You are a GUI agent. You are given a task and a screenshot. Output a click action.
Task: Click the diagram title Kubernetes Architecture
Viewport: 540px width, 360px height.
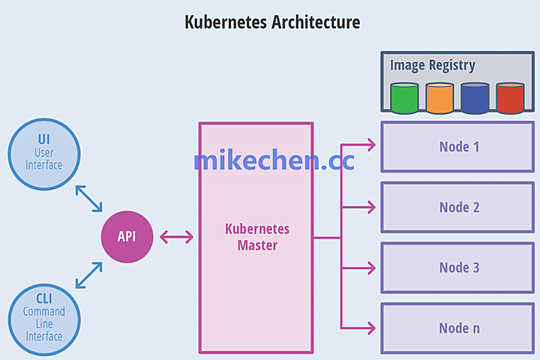pyautogui.click(x=272, y=22)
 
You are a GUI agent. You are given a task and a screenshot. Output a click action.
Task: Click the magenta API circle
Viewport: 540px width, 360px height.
pyautogui.click(x=127, y=236)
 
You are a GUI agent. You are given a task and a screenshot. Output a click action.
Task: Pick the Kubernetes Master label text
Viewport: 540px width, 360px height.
pyautogui.click(x=257, y=237)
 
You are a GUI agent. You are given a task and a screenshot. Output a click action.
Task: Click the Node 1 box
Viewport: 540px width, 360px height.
pyautogui.click(x=459, y=146)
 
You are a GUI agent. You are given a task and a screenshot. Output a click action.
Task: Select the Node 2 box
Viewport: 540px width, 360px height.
pyautogui.click(x=459, y=207)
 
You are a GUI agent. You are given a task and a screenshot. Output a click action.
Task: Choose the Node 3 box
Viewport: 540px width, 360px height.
pyautogui.click(x=459, y=267)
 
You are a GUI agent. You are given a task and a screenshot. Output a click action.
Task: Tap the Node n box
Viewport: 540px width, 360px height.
pyautogui.click(x=459, y=328)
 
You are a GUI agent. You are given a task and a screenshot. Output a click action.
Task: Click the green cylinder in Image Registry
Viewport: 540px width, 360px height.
pyautogui.click(x=404, y=98)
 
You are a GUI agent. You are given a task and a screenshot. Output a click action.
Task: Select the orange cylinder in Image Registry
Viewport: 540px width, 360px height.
pyautogui.click(x=439, y=98)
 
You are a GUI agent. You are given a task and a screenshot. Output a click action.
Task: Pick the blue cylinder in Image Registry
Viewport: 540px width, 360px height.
pyautogui.click(x=475, y=98)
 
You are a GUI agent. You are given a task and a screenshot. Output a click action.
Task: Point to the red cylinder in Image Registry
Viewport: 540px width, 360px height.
pyautogui.click(x=510, y=98)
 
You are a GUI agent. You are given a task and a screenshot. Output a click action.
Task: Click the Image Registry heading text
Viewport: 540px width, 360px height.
pyautogui.click(x=432, y=65)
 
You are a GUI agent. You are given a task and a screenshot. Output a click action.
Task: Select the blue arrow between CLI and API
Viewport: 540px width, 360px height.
pyautogui.click(x=88, y=274)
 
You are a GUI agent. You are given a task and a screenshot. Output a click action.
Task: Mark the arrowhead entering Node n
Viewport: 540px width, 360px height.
pyautogui.click(x=370, y=326)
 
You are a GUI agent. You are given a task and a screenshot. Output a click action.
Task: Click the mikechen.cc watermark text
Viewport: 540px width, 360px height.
pyautogui.click(x=274, y=160)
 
